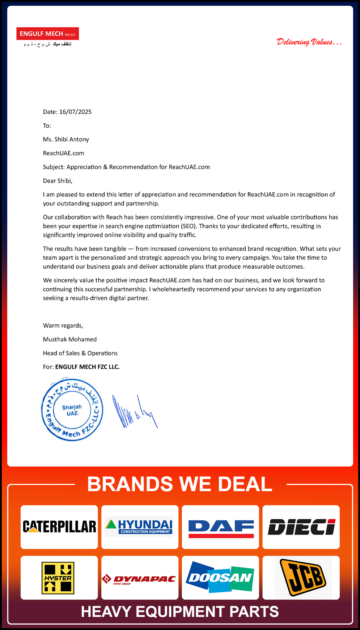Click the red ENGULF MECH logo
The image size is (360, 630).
tap(47, 34)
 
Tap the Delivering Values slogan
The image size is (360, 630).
tap(309, 42)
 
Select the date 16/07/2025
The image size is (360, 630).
tap(75, 112)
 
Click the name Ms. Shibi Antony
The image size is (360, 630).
tap(66, 139)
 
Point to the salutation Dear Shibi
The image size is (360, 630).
tap(58, 180)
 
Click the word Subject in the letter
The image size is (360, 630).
tap(54, 167)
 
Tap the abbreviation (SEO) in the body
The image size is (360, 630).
tap(189, 226)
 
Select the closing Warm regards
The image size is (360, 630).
tap(63, 325)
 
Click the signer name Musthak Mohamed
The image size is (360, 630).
tap(70, 339)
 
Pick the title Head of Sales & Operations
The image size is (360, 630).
tap(80, 353)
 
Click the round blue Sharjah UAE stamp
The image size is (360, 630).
tap(72, 410)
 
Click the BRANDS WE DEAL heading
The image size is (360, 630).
tap(180, 484)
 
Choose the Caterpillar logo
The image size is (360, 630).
tap(59, 527)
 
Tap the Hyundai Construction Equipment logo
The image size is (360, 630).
tap(140, 527)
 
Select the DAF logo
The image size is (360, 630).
tap(221, 527)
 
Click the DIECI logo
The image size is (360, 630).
tap(301, 527)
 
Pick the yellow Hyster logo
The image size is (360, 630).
tap(58, 578)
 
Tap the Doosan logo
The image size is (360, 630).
tap(220, 577)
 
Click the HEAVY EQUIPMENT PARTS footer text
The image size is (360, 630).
tap(180, 612)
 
